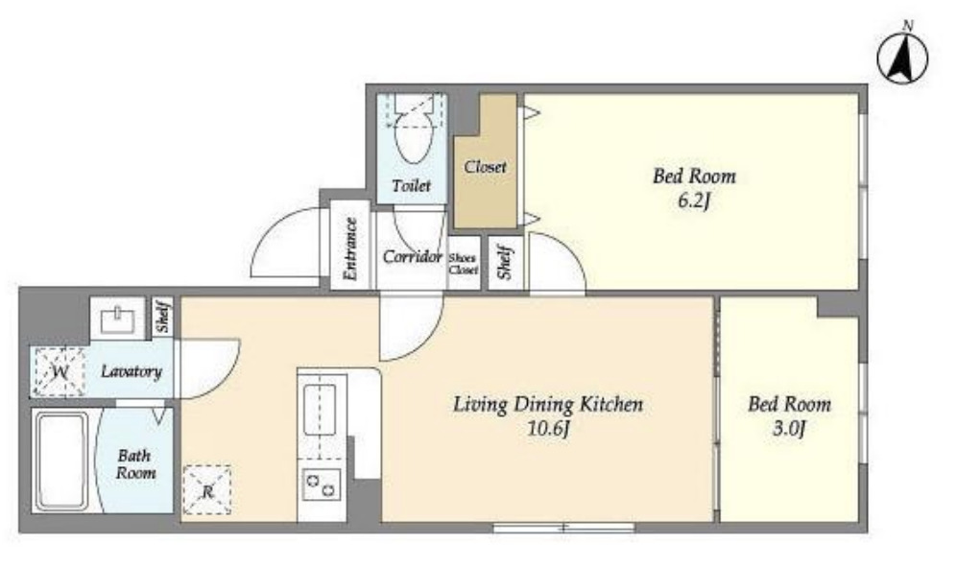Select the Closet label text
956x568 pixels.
click(x=485, y=167)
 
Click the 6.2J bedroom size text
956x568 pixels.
click(x=694, y=201)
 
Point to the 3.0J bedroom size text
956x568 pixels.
click(x=789, y=429)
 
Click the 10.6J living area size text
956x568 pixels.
click(x=548, y=429)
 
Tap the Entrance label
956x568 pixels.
click(x=350, y=248)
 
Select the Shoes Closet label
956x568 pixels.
click(x=464, y=264)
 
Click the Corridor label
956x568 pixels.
click(x=412, y=256)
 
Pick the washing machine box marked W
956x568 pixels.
click(x=60, y=371)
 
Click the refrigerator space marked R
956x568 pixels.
click(x=207, y=490)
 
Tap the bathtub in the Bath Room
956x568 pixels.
click(x=61, y=461)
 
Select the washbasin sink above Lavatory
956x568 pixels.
click(x=118, y=319)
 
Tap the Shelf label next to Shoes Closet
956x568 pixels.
click(x=505, y=262)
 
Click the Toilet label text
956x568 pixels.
click(x=412, y=185)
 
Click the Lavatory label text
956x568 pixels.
click(x=131, y=371)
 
